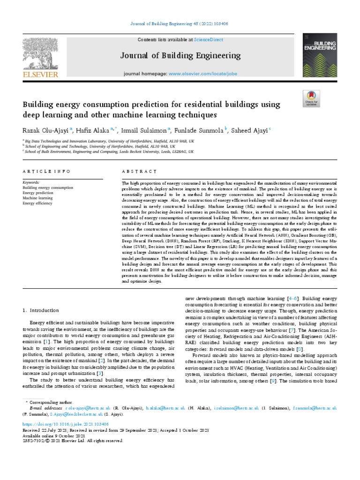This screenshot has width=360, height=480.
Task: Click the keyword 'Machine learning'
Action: [37, 198]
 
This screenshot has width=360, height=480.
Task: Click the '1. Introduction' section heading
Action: [41, 310]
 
